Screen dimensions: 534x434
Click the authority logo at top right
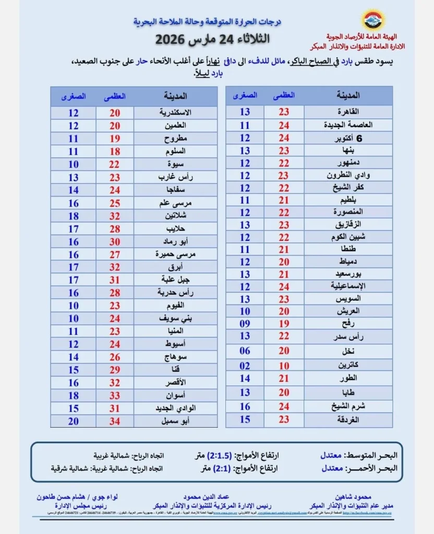tap(373, 20)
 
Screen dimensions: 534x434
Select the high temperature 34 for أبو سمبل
tap(115, 420)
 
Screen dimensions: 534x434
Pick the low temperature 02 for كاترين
tap(245, 365)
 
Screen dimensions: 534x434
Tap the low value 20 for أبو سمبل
tap(73, 420)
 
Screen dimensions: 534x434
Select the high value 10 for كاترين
tap(284, 365)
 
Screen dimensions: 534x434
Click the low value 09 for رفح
tap(245, 324)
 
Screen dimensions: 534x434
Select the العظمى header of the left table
tap(115, 96)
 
